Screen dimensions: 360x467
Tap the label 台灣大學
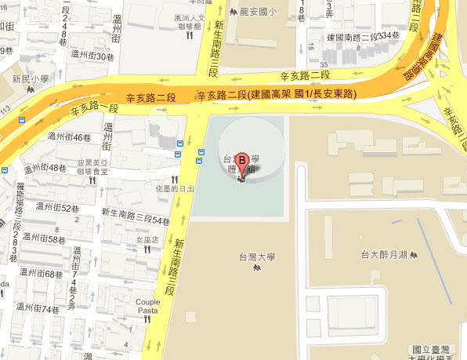click(x=257, y=256)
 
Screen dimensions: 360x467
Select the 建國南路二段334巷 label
click(x=369, y=37)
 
